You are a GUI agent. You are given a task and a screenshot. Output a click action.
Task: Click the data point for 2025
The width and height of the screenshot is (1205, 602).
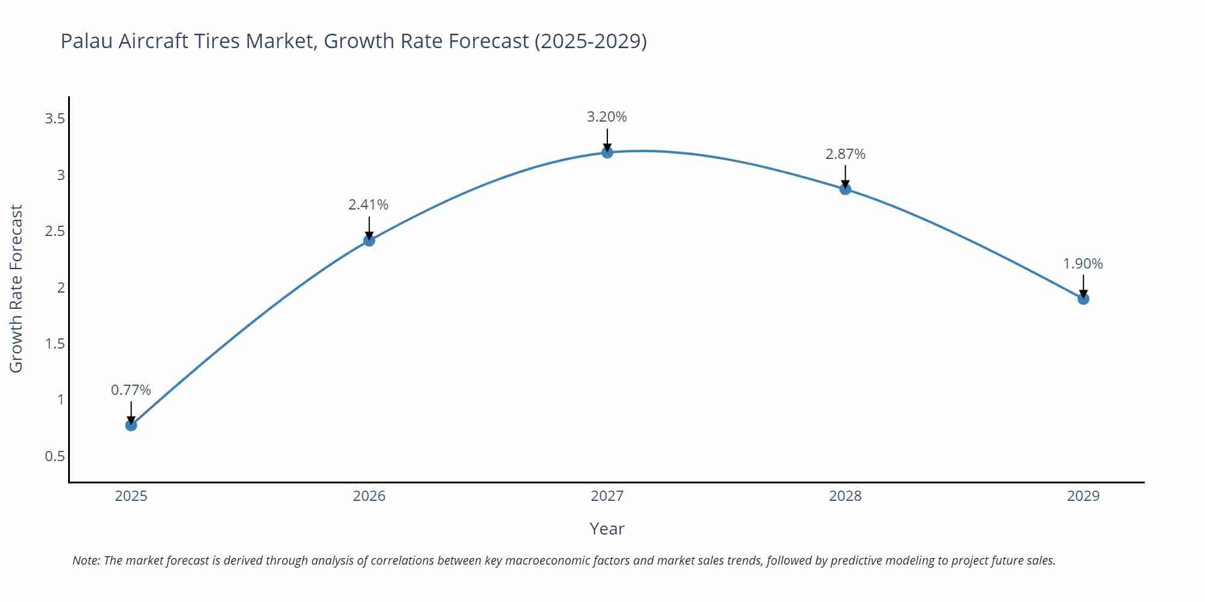point(131,425)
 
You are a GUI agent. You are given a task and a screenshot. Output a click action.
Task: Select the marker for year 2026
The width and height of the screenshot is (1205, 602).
point(369,240)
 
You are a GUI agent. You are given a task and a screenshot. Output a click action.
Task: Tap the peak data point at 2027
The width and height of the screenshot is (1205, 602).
point(607,152)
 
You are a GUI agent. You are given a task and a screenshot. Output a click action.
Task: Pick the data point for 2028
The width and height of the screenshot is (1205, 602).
point(845,189)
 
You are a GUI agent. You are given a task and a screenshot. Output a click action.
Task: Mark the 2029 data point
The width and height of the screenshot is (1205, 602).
point(1083,299)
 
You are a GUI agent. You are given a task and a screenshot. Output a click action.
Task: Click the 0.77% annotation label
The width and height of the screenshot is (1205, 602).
point(131,390)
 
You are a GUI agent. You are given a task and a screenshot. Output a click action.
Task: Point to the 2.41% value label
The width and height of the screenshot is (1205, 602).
point(369,205)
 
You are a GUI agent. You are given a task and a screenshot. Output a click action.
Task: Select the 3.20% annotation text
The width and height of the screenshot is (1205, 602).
point(607,117)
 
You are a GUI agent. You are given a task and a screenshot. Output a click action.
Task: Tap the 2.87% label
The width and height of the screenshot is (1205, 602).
point(845,154)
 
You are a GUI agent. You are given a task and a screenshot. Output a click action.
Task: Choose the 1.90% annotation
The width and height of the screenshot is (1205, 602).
point(1083,264)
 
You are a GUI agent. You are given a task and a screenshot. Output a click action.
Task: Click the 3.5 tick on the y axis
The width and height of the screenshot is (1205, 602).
point(55,119)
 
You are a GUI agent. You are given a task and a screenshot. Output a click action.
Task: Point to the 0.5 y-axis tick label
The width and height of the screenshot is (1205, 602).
point(55,456)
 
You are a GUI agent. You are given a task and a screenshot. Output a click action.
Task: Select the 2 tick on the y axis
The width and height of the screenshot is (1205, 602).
point(61,288)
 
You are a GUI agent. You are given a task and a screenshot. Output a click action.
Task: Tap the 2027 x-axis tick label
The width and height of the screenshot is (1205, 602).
point(607,496)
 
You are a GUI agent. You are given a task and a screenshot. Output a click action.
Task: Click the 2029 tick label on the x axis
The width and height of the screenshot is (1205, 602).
point(1083,496)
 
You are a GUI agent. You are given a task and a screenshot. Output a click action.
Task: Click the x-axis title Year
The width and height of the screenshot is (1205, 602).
point(607,529)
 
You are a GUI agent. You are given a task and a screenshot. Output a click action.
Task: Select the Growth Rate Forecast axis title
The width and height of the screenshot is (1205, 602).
point(16,288)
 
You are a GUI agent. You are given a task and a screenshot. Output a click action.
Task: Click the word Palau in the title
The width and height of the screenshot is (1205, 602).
point(87,41)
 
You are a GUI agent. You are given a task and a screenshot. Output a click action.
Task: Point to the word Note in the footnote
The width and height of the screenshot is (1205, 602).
point(86,560)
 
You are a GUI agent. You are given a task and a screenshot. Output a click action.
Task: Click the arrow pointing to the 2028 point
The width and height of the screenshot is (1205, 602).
point(845,176)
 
